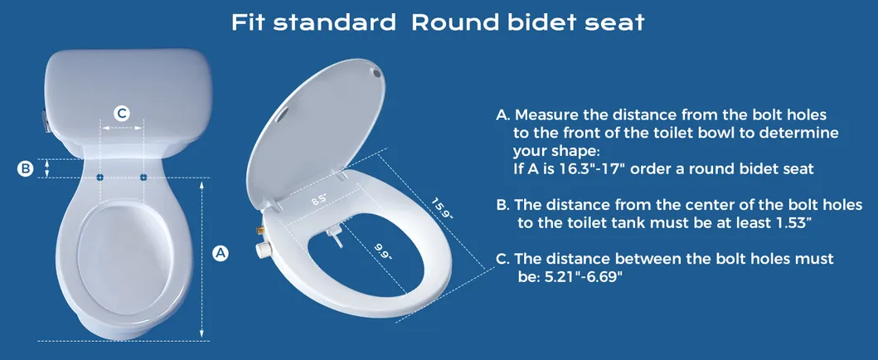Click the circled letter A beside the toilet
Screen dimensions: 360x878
pos(221,254)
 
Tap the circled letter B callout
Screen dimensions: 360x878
pos(26,168)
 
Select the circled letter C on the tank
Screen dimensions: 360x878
pos(122,113)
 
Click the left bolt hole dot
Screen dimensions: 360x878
pos(100,177)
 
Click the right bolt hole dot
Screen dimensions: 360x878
pos(143,177)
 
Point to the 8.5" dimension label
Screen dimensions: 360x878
pos(319,200)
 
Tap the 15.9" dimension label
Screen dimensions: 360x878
pos(442,207)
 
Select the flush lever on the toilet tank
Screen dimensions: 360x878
pos(43,122)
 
